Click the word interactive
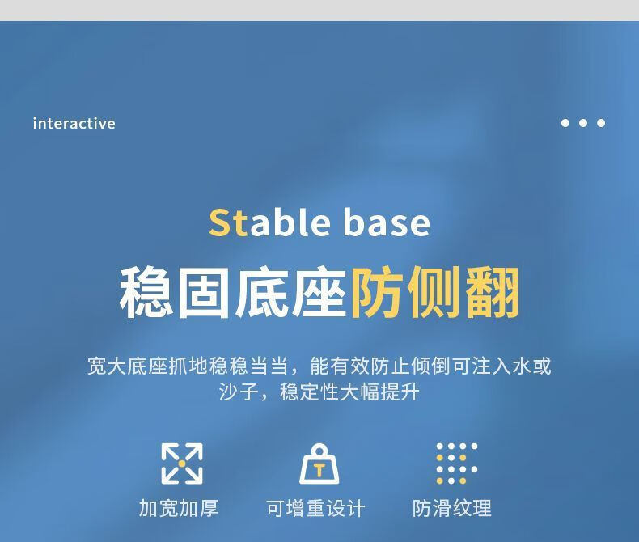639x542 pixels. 74,124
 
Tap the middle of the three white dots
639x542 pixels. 582,123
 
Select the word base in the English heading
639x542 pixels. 387,222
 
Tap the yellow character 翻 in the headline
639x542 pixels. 493,292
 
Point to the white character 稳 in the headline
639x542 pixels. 146,292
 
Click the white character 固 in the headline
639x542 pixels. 203,292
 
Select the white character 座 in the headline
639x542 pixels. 319,292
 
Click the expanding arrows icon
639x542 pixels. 182,464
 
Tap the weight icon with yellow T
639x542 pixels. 319,464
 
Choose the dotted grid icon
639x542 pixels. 456,464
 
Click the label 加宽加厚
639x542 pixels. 179,508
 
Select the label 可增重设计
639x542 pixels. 315,508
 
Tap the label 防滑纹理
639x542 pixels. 452,508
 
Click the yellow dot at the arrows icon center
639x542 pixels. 182,464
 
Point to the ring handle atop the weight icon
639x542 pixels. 319,449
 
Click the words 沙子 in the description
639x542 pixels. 239,392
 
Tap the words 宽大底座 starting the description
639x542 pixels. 127,366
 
